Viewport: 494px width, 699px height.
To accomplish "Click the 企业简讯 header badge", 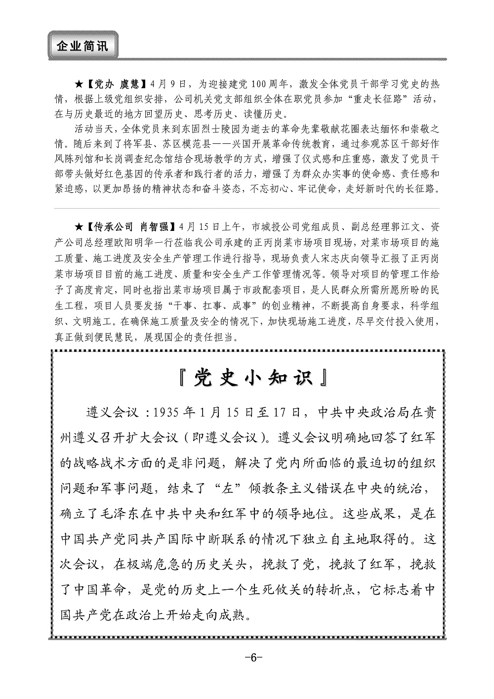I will pyautogui.click(x=82, y=46).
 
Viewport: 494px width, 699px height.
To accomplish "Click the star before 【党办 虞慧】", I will pyautogui.click(x=79, y=84).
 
